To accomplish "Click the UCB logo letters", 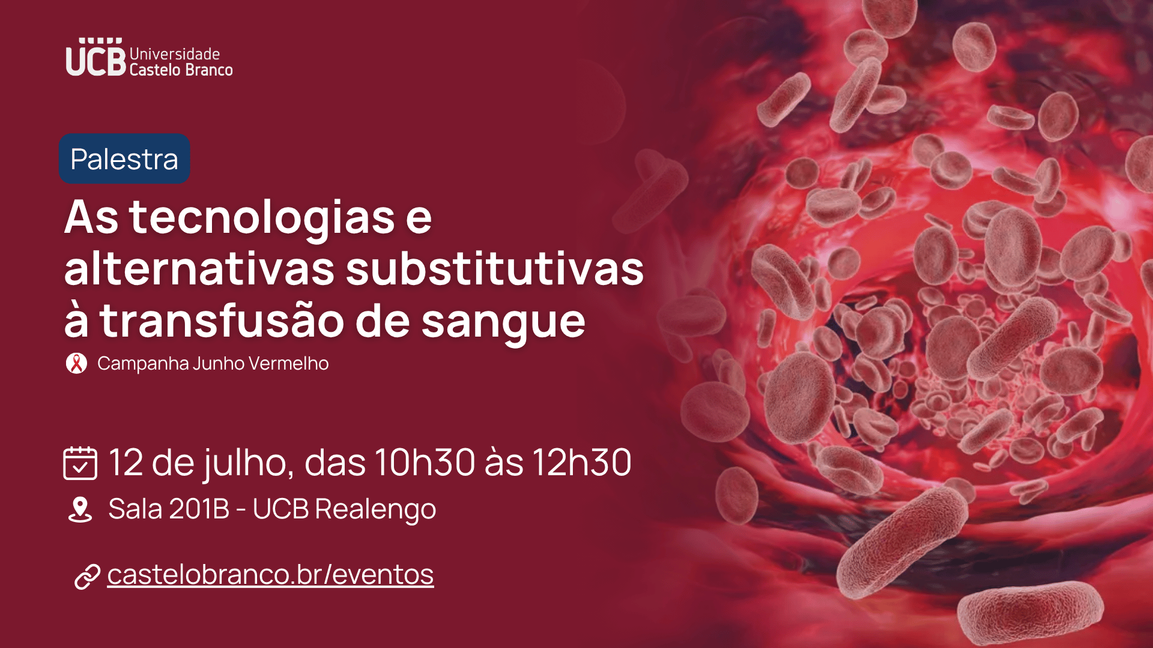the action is pyautogui.click(x=95, y=58).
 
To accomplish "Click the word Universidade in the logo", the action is pyautogui.click(x=175, y=54).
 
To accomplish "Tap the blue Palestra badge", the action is pyautogui.click(x=124, y=158).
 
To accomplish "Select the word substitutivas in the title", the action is pyautogui.click(x=495, y=269).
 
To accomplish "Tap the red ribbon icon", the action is pyautogui.click(x=76, y=364).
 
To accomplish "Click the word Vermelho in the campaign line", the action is pyautogui.click(x=288, y=363).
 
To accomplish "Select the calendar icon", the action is pyautogui.click(x=80, y=463).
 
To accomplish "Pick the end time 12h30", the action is pyautogui.click(x=581, y=462).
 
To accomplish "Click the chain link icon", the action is pyautogui.click(x=87, y=577).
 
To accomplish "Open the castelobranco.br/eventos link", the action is pyautogui.click(x=270, y=574).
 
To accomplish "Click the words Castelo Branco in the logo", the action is pyautogui.click(x=181, y=70).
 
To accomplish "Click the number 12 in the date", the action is pyautogui.click(x=126, y=463).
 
